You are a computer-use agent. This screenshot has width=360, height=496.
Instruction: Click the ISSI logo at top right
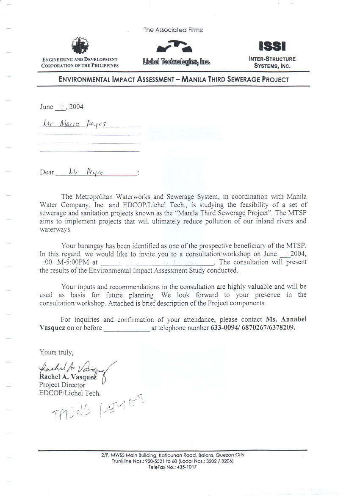click(x=272, y=45)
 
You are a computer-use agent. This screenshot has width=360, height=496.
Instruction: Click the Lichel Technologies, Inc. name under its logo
click(x=176, y=62)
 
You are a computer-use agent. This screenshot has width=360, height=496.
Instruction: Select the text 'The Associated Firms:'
click(x=174, y=30)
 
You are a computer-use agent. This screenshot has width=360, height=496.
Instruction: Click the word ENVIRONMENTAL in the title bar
click(x=84, y=79)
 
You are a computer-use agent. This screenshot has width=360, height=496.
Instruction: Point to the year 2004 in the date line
click(x=76, y=107)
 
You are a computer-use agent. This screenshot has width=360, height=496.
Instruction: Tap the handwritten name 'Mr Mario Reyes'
click(x=74, y=124)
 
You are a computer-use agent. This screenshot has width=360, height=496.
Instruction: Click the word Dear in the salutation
click(x=47, y=172)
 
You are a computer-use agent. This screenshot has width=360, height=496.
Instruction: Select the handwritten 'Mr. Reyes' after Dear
click(x=85, y=172)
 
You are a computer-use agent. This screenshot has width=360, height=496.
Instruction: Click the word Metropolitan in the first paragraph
click(x=92, y=197)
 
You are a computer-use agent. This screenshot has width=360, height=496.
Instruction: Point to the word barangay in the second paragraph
click(x=90, y=246)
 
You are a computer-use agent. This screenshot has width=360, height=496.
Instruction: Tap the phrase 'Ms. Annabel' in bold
click(x=286, y=319)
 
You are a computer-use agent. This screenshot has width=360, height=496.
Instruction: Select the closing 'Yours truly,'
click(x=57, y=352)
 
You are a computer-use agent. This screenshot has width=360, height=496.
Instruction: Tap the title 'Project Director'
click(x=62, y=385)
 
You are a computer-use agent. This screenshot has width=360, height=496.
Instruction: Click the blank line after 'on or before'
click(x=127, y=329)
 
